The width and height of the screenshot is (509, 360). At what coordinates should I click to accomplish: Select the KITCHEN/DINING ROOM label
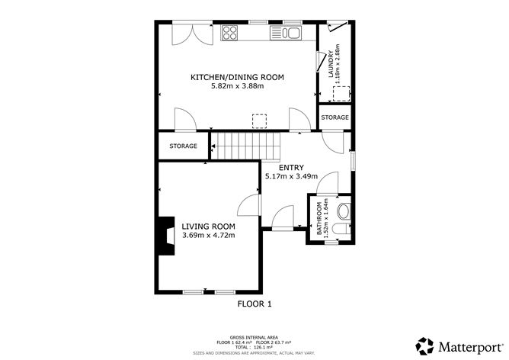237,77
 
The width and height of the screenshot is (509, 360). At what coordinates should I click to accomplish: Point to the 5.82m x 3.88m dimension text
237,86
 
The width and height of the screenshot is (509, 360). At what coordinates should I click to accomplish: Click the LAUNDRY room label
331,65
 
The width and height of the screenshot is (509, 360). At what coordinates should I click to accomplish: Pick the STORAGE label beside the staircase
183,146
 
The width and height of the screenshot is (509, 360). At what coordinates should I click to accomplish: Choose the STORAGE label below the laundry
335,117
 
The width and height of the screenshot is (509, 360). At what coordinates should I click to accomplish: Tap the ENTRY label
291,168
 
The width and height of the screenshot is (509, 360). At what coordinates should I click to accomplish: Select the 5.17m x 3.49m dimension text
291,176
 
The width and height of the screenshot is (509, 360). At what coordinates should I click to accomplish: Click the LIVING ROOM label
208,227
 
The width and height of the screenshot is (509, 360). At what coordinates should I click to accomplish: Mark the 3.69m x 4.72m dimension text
208,236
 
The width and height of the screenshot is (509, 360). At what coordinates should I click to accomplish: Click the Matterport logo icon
424,344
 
